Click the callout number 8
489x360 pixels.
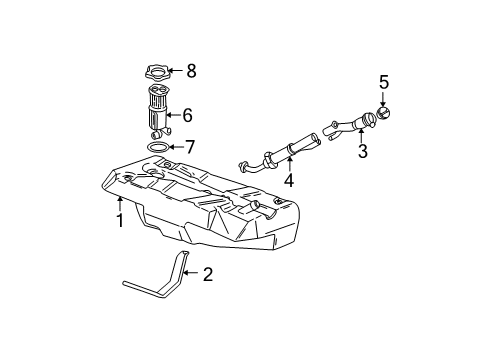point(192,70)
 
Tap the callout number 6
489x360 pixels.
point(187,115)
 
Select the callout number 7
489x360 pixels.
point(191,147)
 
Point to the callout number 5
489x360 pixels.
point(383,81)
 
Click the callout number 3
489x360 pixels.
point(363,152)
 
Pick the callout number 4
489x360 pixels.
point(288,181)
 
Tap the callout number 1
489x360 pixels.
point(120,220)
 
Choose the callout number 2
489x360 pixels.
point(207,274)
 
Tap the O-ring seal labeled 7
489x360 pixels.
point(157,147)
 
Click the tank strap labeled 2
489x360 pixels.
point(160,284)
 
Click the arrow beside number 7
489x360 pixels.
point(176,147)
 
